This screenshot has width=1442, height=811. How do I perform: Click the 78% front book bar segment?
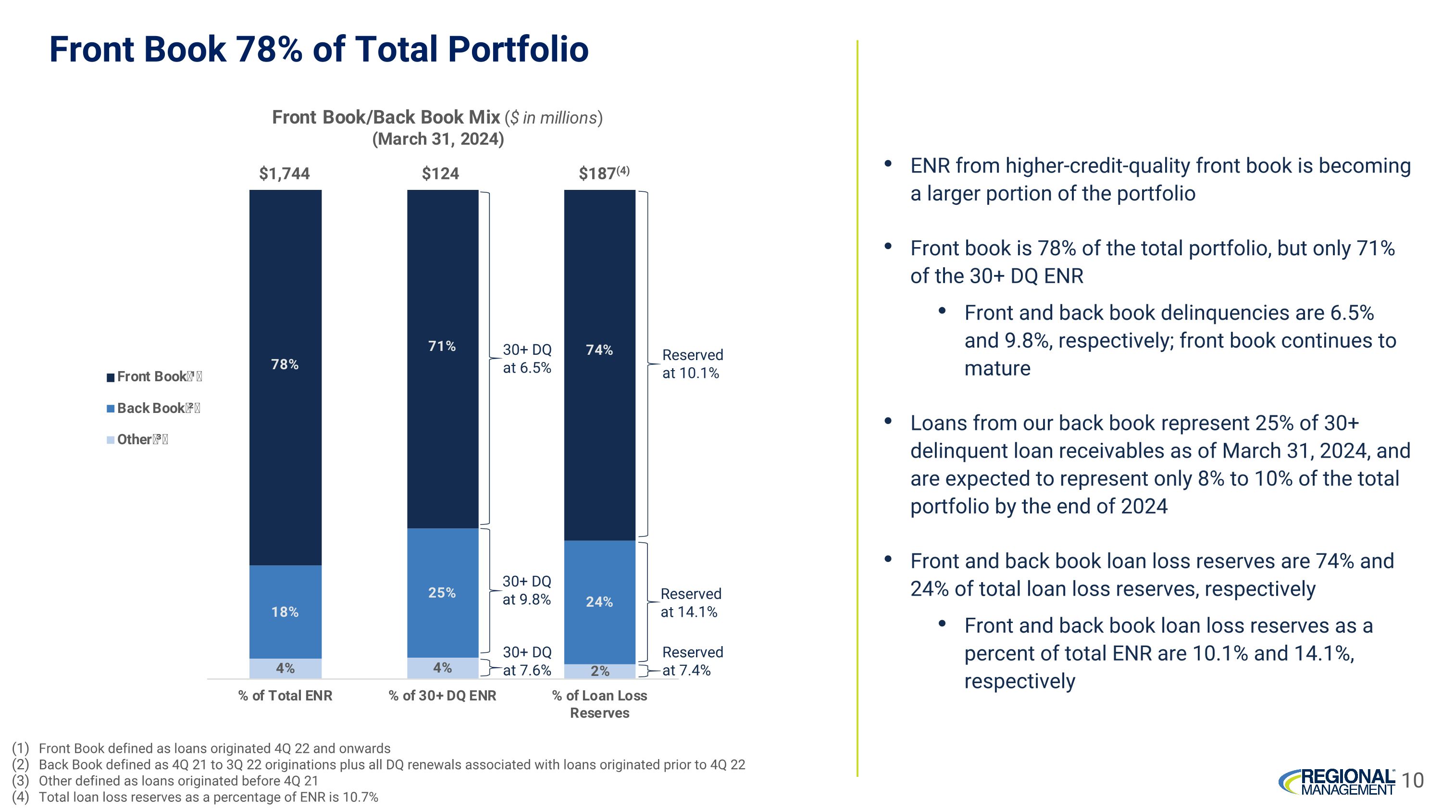tap(285, 377)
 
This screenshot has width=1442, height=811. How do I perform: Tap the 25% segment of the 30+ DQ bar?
tap(442, 592)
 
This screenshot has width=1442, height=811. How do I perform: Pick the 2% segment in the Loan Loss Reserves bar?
tap(599, 671)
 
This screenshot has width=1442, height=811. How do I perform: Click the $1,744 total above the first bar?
tap(285, 174)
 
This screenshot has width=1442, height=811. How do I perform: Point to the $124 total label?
tap(441, 174)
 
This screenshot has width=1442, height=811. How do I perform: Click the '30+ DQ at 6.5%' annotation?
tap(527, 359)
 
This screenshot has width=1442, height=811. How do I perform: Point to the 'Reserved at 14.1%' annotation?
tap(690, 603)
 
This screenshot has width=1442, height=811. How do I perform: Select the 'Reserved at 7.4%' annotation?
tap(692, 661)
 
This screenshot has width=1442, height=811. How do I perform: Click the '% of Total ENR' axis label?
tap(285, 696)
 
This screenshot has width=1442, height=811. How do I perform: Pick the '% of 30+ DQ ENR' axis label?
tap(442, 696)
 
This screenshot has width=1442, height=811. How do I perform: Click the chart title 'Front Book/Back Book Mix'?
tap(385, 117)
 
